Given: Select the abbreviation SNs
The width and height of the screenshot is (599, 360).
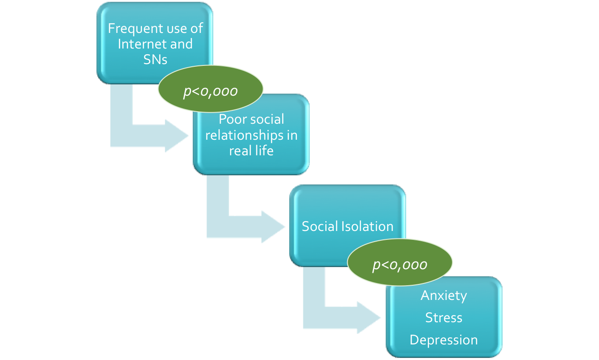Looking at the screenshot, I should (x=155, y=59).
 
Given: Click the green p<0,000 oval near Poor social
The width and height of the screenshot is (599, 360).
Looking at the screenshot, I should (x=210, y=91).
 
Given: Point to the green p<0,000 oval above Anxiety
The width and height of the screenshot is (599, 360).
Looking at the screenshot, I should (x=399, y=265).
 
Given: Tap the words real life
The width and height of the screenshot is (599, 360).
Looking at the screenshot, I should (x=251, y=150).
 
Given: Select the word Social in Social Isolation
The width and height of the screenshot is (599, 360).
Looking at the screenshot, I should (x=320, y=226).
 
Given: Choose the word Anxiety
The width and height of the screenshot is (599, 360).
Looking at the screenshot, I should (x=444, y=295).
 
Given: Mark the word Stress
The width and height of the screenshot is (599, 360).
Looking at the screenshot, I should (x=444, y=318).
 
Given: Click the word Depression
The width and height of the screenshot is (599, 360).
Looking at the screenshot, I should (x=444, y=340).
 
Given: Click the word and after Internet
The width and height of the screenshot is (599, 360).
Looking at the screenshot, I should (x=182, y=44).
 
